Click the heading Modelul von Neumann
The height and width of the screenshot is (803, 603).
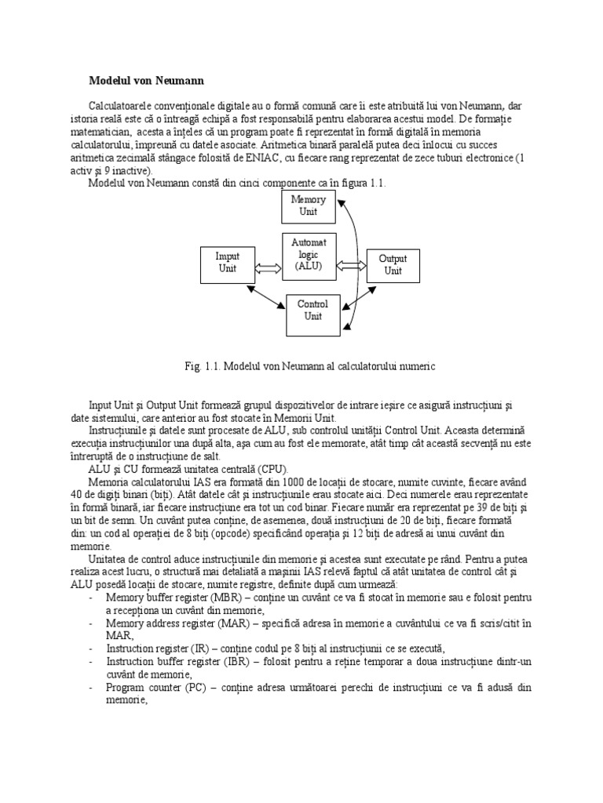145,80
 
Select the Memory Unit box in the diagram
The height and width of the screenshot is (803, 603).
308,205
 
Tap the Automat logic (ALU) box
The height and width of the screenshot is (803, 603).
308,255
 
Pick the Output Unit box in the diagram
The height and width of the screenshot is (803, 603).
393,264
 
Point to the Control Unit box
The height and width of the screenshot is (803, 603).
313,311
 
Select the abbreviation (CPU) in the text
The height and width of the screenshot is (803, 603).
262,467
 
